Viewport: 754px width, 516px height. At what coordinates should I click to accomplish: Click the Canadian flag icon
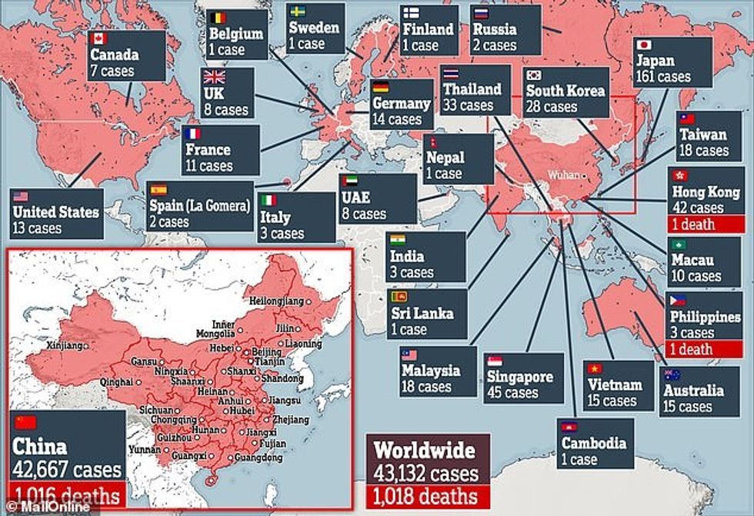98,38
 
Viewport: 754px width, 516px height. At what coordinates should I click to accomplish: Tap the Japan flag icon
643,44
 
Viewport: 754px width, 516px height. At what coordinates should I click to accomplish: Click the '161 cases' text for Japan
663,77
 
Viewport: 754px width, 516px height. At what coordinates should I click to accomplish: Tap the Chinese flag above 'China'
27,422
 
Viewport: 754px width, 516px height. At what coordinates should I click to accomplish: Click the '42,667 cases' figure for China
67,469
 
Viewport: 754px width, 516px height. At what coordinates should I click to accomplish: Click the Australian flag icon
672,375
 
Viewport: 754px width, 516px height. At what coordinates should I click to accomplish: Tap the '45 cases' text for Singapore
512,393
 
